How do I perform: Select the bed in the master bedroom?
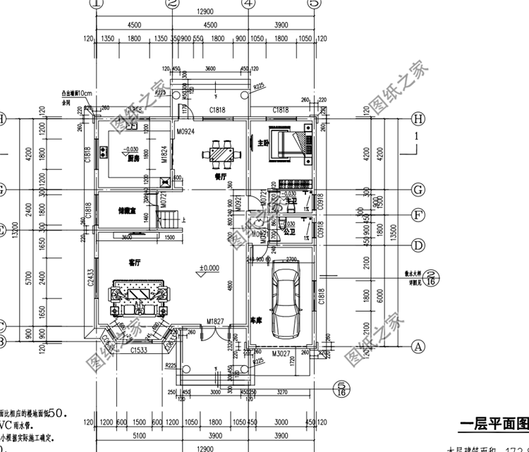291,144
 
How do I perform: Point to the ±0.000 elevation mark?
209,268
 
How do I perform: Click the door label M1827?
215,322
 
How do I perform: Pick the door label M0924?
186,132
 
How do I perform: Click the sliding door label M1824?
163,154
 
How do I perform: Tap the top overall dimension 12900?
205,13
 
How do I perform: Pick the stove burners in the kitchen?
104,150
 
